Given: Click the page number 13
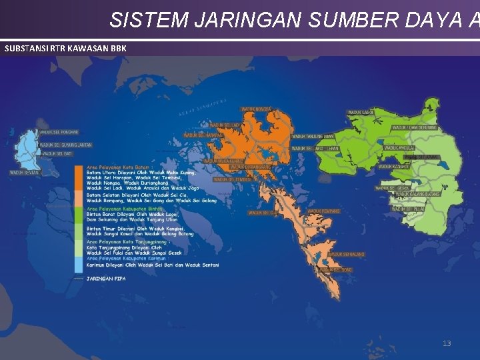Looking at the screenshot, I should click(447, 343).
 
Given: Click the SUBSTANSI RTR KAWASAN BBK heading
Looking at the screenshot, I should click(65, 49).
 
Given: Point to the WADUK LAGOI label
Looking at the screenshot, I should click(361, 112).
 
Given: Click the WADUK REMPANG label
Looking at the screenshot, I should click(323, 211).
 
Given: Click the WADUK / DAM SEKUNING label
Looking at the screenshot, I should click(414, 127).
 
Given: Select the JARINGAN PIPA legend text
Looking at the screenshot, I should click(106, 278).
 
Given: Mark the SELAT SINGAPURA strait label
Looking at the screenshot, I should click(203, 108).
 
